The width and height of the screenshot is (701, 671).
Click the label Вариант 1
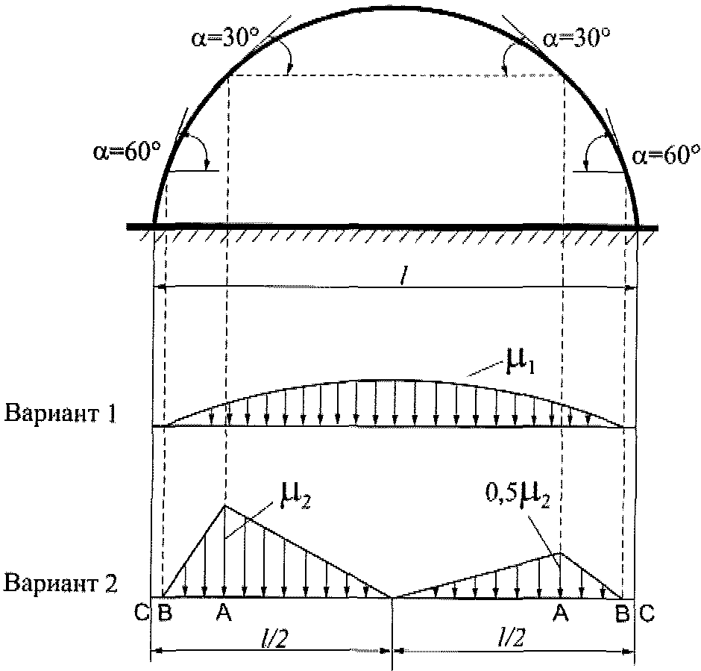(60, 413)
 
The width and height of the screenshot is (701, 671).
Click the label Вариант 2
(60, 583)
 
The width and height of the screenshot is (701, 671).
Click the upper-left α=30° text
(221, 40)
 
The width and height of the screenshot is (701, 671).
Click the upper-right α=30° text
(574, 38)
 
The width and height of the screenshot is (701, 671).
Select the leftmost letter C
(142, 614)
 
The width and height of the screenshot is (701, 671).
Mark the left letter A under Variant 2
(221, 614)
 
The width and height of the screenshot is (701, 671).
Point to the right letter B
(622, 614)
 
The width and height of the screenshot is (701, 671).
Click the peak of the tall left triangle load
(225, 506)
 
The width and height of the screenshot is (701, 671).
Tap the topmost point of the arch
(392, 7)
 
